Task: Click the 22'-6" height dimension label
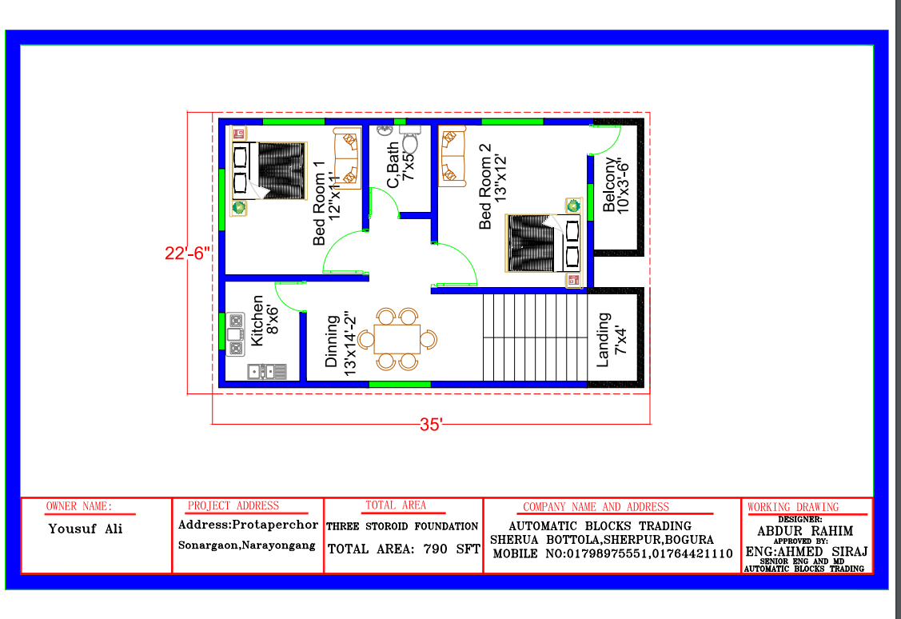tap(187, 254)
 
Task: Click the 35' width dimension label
tap(430, 425)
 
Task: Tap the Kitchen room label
tap(257, 321)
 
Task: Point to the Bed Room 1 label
tap(319, 203)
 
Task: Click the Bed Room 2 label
tap(485, 187)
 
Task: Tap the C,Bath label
tap(393, 165)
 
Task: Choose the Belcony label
tap(608, 185)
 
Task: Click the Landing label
tap(602, 340)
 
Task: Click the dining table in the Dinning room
tap(397, 339)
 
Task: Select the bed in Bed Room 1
tap(269, 170)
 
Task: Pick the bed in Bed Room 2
tap(543, 243)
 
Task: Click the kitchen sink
tap(267, 372)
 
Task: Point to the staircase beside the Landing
tap(535, 337)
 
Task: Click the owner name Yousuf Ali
tap(85, 529)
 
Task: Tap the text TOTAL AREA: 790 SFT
tap(404, 549)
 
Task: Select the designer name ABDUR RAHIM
tap(805, 531)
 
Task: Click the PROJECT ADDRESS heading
tap(233, 505)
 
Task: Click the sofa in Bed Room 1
tap(347, 158)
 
